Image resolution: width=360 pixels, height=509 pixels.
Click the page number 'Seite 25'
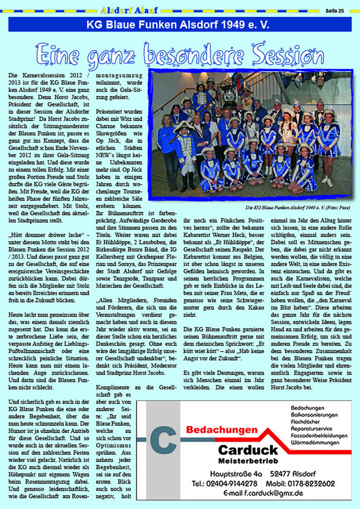(335, 10)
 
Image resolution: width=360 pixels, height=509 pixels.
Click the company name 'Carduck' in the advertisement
(248, 450)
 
